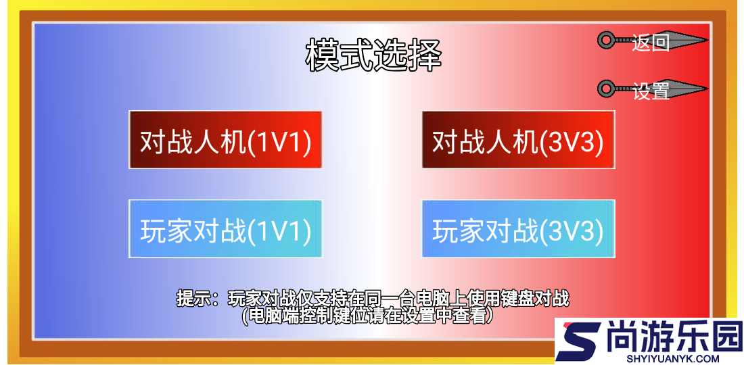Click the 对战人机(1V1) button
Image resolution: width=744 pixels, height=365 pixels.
point(225,141)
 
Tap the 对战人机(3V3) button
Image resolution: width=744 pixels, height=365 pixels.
point(518,141)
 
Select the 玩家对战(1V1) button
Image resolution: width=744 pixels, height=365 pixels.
point(225,229)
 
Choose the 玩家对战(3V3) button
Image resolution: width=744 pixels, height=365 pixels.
point(518,229)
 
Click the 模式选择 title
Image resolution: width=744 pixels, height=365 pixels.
point(373,55)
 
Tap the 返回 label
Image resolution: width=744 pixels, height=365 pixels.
point(651,42)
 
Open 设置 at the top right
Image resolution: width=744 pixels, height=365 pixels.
point(651,90)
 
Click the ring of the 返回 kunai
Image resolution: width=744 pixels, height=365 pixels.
point(605,41)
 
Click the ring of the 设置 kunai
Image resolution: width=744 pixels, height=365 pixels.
point(605,89)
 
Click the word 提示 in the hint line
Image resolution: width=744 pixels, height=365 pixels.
point(192,297)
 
